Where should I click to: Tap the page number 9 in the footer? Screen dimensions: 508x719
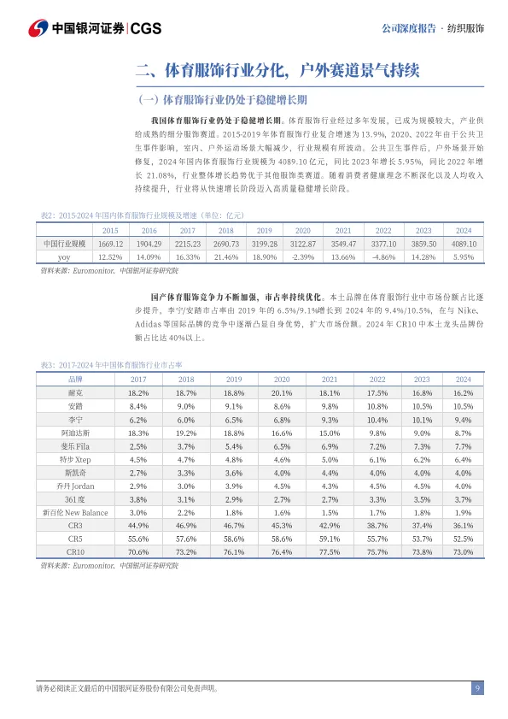(x=477, y=689)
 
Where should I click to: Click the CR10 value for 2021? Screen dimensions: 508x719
(x=330, y=552)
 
